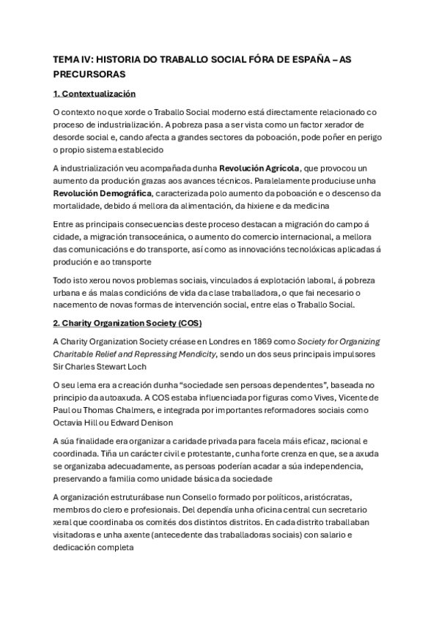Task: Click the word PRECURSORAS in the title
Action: coord(89,74)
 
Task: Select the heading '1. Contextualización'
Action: coord(95,94)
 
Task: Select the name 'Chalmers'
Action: coord(154,410)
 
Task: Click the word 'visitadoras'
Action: coord(76,535)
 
